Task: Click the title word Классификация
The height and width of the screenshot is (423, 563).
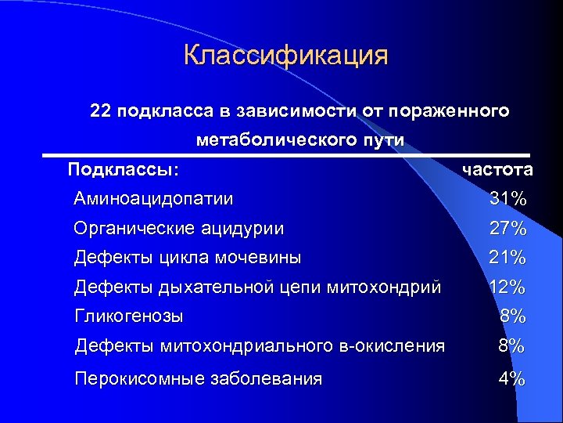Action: (x=285, y=56)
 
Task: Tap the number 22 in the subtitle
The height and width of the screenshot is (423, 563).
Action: (x=101, y=111)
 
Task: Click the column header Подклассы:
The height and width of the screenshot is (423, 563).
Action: (x=123, y=169)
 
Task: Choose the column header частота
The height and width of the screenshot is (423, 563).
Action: (x=497, y=170)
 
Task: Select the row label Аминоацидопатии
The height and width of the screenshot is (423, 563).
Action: (x=153, y=199)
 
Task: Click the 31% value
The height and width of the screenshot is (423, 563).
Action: (x=507, y=200)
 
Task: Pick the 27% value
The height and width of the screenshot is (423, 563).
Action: (x=507, y=230)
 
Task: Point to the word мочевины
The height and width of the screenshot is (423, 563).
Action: (x=262, y=257)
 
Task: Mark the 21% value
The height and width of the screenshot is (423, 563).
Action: (x=507, y=257)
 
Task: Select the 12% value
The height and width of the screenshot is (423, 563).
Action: (x=507, y=287)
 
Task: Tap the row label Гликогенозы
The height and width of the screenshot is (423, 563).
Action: (x=129, y=316)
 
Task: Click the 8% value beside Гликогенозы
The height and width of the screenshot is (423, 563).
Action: (x=513, y=316)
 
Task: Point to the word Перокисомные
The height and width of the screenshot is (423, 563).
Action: (x=139, y=379)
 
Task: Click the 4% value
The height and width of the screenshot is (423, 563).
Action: (x=513, y=379)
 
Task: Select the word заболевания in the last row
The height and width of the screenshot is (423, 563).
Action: (x=267, y=379)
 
